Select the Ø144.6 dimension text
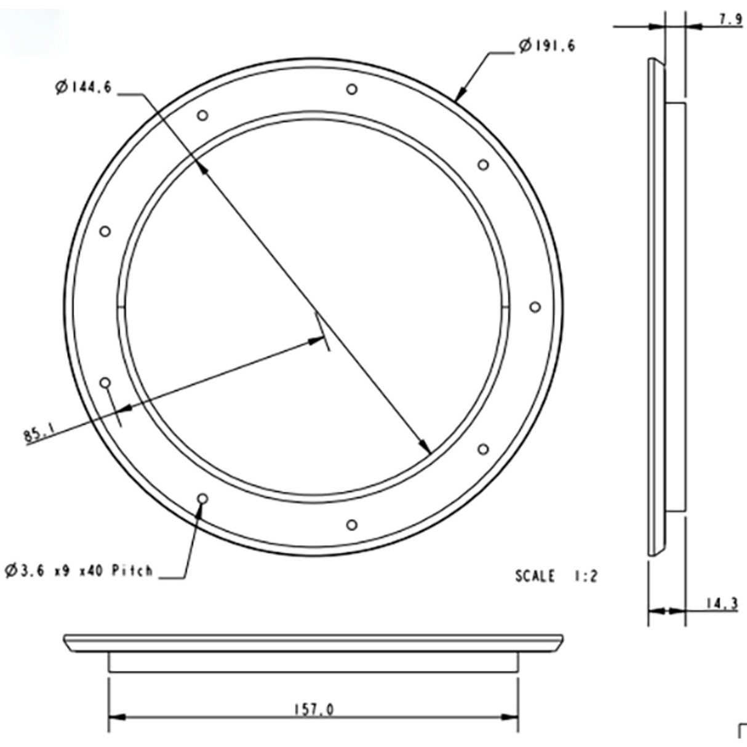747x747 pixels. [x=83, y=88]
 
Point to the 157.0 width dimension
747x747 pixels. [x=313, y=709]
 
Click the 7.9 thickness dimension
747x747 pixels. [x=730, y=19]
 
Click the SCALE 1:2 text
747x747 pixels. [x=556, y=577]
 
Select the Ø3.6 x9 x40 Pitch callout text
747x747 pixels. [x=79, y=571]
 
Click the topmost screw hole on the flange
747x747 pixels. [x=351, y=89]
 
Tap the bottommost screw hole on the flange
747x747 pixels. [x=351, y=525]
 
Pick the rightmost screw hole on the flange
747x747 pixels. [x=535, y=307]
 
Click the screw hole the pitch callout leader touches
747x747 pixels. [x=203, y=498]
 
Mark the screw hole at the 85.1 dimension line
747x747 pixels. [x=106, y=383]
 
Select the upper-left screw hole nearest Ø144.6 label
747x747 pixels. [x=203, y=115]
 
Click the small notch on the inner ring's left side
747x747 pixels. [x=121, y=307]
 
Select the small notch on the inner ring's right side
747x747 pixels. [x=505, y=307]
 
